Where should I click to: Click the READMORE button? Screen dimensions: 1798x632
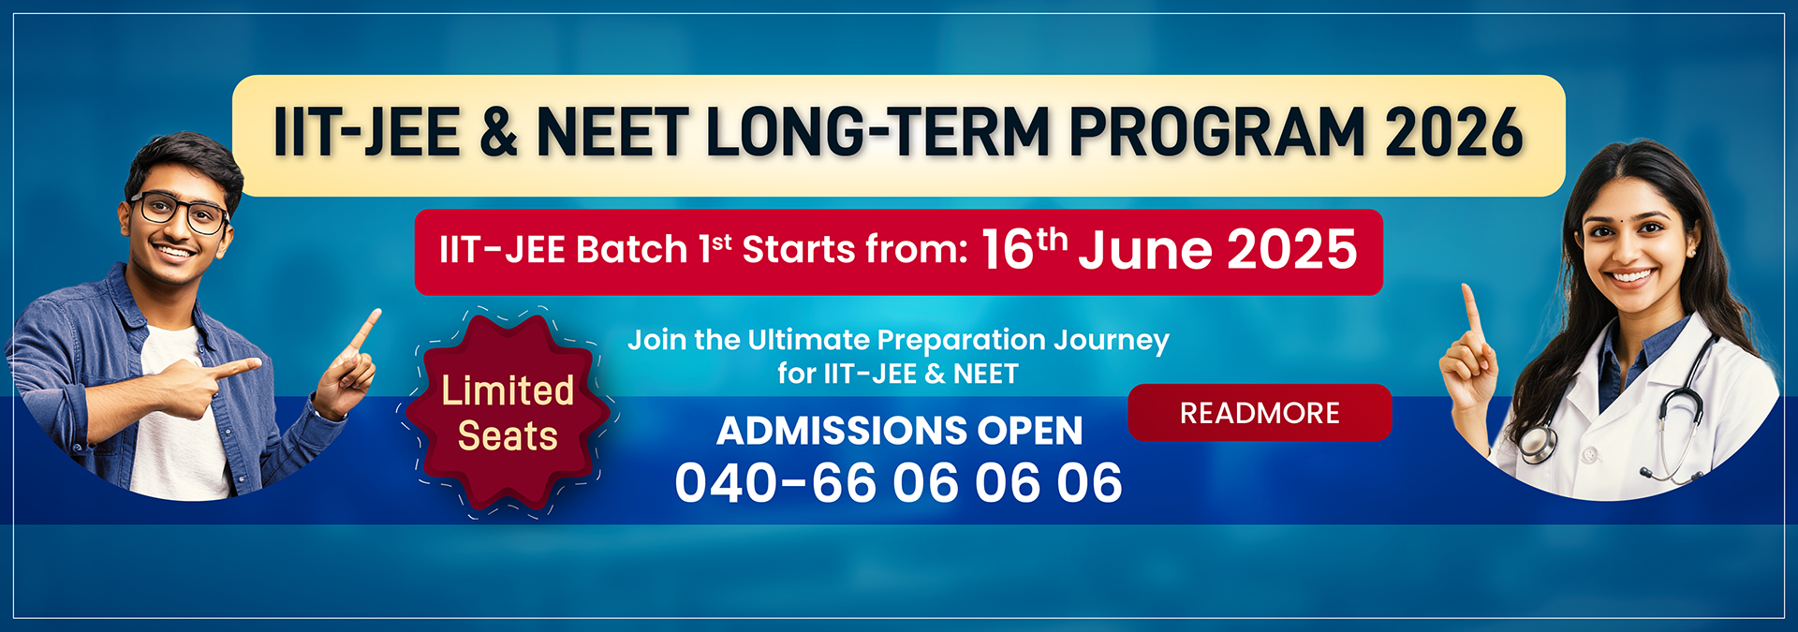pyautogui.click(x=1260, y=412)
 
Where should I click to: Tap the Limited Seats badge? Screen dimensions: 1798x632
pyautogui.click(x=508, y=413)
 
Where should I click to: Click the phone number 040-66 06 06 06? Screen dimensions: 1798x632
pyautogui.click(x=898, y=483)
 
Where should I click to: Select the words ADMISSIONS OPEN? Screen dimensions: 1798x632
pyautogui.click(x=899, y=431)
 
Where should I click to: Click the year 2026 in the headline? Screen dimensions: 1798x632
pyautogui.click(x=1454, y=132)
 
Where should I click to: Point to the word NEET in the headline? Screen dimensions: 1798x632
pyautogui.click(x=613, y=132)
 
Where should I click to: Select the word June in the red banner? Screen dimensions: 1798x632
pyautogui.click(x=1145, y=251)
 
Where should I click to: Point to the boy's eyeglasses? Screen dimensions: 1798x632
pyautogui.click(x=181, y=213)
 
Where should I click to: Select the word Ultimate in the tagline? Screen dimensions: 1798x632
pyautogui.click(x=808, y=340)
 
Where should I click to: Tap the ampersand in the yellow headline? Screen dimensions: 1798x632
pyautogui.click(x=498, y=132)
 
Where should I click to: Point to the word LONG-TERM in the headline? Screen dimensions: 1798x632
pyautogui.click(x=878, y=132)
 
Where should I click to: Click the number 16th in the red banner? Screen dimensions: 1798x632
pyautogui.click(x=1024, y=248)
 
